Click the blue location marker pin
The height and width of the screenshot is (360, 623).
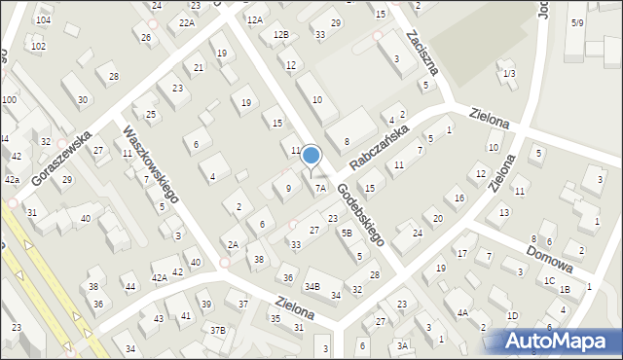pos(311,156)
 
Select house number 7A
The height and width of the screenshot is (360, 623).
pos(320,189)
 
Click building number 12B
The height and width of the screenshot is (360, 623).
pos(280,35)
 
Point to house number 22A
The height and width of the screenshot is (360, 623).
pos(187,22)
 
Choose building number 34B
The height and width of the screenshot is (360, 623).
pos(311,286)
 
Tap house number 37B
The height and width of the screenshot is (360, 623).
pos(217,331)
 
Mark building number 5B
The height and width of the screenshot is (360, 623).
pos(346,233)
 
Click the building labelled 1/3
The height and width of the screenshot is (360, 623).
pos(509,74)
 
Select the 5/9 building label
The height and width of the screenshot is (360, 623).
pos(577,21)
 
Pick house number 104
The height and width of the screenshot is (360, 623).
pos(42,19)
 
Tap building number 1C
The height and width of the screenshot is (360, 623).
pos(550,280)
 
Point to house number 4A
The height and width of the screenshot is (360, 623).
pos(463,312)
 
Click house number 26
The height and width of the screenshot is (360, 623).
pos(147,38)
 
